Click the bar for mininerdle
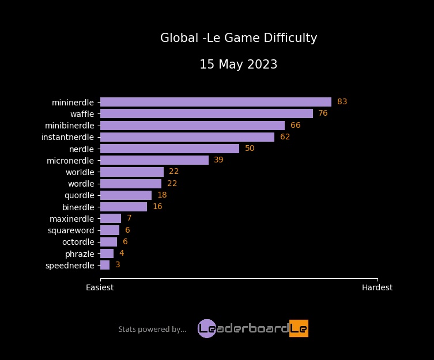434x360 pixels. pyautogui.click(x=216, y=102)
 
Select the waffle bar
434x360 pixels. pyautogui.click(x=206, y=113)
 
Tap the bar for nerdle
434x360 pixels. pyautogui.click(x=169, y=149)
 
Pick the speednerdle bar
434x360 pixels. pyautogui.click(x=105, y=265)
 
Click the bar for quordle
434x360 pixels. pyautogui.click(x=126, y=195)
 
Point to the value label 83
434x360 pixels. pyautogui.click(x=342, y=102)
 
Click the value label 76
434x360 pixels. pyautogui.click(x=323, y=113)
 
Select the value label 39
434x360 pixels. pyautogui.click(x=218, y=160)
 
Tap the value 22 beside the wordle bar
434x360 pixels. pyautogui.click(x=172, y=184)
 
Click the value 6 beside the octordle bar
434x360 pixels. pyautogui.click(x=125, y=242)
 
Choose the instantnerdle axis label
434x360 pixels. pyautogui.click(x=67, y=137)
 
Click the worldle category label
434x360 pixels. pyautogui.click(x=80, y=172)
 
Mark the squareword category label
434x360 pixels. pyautogui.click(x=71, y=230)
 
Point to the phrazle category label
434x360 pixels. pyautogui.click(x=80, y=253)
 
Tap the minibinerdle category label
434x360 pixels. pyautogui.click(x=69, y=126)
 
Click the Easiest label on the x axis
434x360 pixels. pyautogui.click(x=100, y=287)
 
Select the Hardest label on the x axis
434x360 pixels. pyautogui.click(x=377, y=287)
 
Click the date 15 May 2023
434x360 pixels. pyautogui.click(x=238, y=65)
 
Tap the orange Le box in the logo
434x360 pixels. pyautogui.click(x=299, y=328)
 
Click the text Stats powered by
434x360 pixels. pyautogui.click(x=152, y=329)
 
